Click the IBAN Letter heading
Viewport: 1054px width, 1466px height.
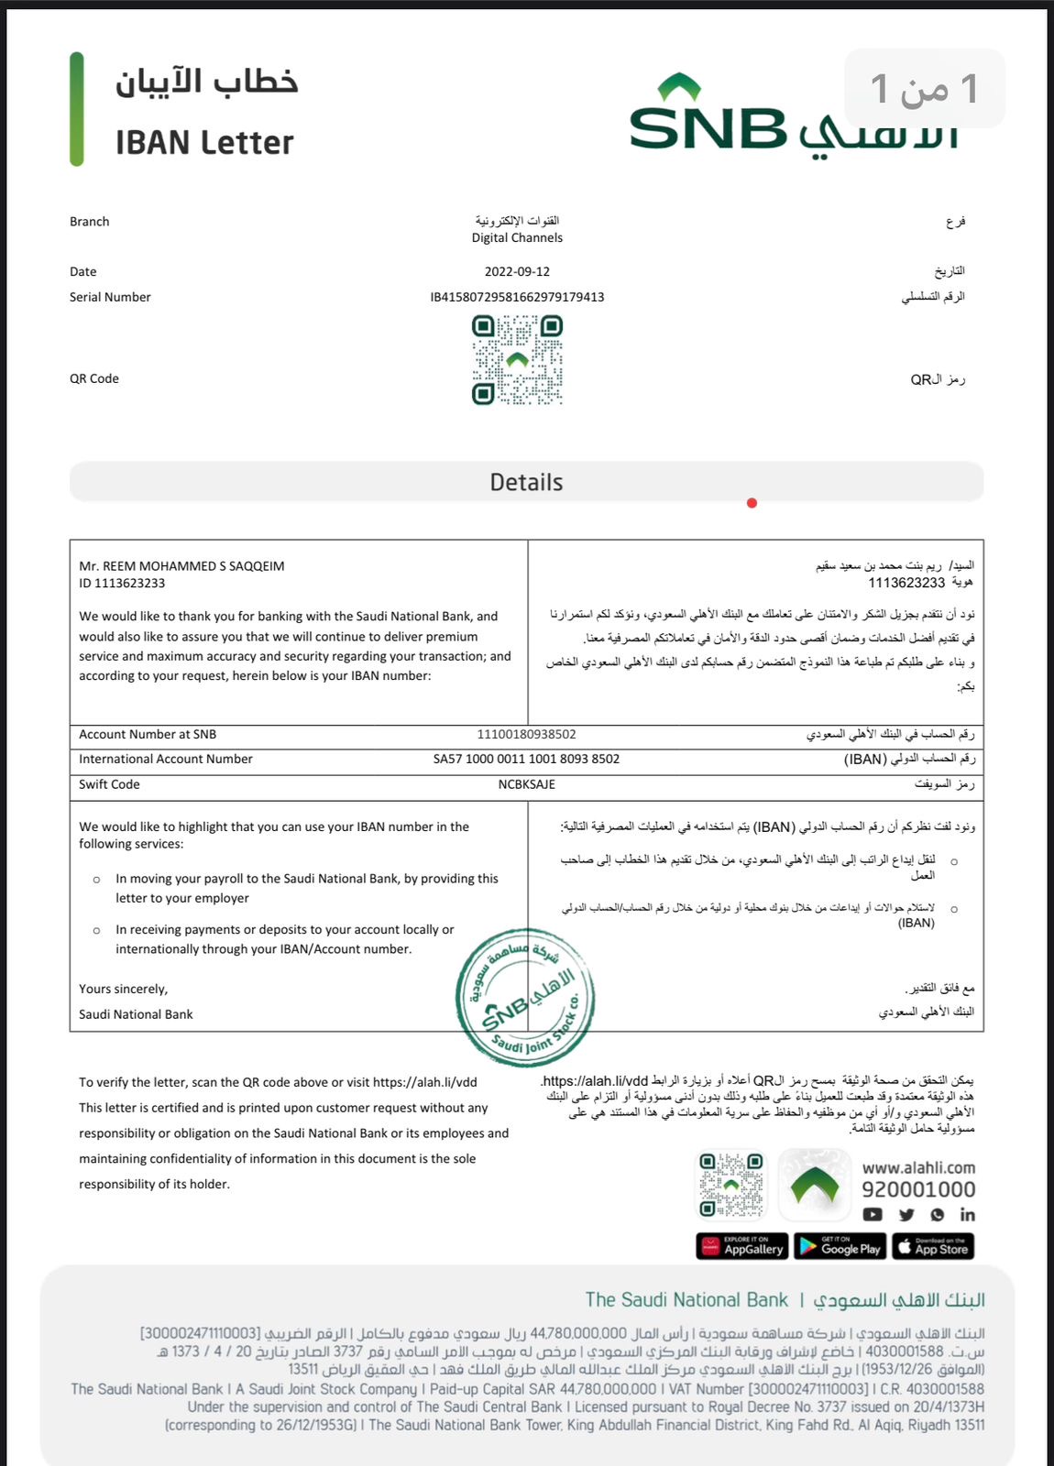(204, 143)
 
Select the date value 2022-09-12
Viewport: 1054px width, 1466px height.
(517, 271)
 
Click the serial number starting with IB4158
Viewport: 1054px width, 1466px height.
(517, 297)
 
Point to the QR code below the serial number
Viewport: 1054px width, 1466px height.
(517, 359)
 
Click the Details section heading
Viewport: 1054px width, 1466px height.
(526, 482)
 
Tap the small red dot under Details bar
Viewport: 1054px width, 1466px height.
(752, 503)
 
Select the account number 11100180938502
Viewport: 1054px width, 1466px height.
(526, 734)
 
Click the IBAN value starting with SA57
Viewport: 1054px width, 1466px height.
(526, 759)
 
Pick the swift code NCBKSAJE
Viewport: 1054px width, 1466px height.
(526, 784)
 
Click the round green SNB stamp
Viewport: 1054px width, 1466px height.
(525, 998)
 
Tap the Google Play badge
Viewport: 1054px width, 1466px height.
(838, 1246)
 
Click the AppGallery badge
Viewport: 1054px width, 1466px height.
(742, 1246)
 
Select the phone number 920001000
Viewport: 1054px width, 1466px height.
(917, 1189)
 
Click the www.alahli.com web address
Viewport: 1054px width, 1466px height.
(917, 1167)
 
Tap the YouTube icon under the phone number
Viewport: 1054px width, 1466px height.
(873, 1214)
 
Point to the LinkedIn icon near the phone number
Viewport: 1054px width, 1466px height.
(967, 1214)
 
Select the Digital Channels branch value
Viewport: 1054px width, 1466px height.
(517, 237)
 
